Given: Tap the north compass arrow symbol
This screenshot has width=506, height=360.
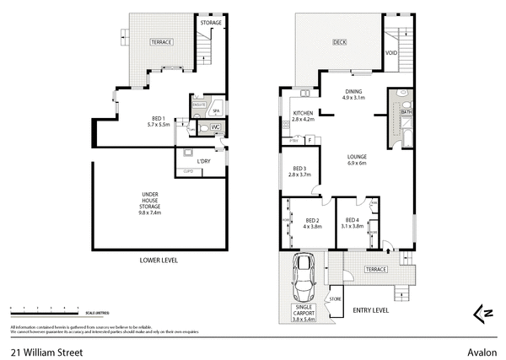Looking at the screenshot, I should point(483,313).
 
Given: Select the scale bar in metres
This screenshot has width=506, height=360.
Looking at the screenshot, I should point(42,309).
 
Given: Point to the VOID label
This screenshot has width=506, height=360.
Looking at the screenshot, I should point(391,52).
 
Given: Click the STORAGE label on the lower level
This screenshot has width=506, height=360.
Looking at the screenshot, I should point(212,23).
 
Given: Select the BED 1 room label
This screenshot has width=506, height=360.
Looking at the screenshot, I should point(158,121).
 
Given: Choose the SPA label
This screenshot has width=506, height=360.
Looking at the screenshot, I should point(215,110).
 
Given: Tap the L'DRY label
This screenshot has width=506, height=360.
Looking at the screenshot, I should point(203,161).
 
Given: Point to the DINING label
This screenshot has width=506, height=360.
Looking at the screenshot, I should point(353,94).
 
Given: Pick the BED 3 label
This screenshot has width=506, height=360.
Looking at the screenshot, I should point(299,170).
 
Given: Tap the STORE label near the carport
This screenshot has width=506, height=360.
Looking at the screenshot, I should point(335,299).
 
